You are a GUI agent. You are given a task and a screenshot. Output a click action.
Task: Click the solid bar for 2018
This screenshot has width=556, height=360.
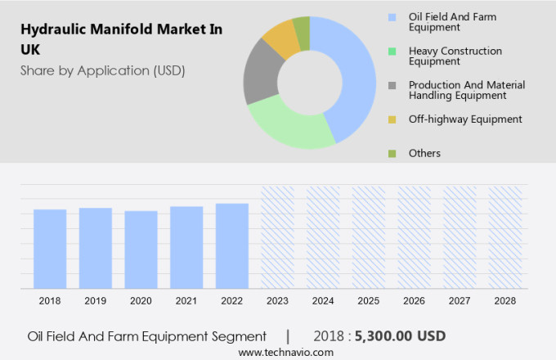pyautogui.click(x=50, y=249)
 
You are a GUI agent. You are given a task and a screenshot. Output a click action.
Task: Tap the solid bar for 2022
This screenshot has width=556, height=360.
pyautogui.click(x=232, y=245)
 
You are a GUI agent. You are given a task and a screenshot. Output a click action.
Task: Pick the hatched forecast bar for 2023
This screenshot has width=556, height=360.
pyautogui.click(x=278, y=237)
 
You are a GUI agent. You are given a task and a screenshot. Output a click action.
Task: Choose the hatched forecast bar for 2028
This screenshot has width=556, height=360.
pyautogui.click(x=505, y=237)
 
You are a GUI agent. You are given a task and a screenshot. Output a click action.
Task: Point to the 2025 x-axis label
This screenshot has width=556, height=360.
pyautogui.click(x=369, y=301)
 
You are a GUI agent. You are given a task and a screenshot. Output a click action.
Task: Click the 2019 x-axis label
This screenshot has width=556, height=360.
pyautogui.click(x=96, y=301)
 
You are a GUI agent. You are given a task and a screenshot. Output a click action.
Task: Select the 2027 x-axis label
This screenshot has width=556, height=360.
pyautogui.click(x=460, y=301)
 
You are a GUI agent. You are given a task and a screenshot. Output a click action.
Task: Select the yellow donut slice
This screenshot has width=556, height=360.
pyautogui.click(x=280, y=37)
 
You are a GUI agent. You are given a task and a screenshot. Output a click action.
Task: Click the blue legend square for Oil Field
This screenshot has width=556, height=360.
pyautogui.click(x=392, y=16)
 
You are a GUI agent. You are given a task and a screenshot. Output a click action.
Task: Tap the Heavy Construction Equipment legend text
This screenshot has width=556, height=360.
pyautogui.click(x=455, y=56)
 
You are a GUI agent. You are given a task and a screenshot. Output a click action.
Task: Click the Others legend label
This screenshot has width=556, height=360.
pyautogui.click(x=424, y=153)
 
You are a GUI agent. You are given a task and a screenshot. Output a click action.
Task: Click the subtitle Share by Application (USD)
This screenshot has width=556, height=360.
pyautogui.click(x=103, y=70)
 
